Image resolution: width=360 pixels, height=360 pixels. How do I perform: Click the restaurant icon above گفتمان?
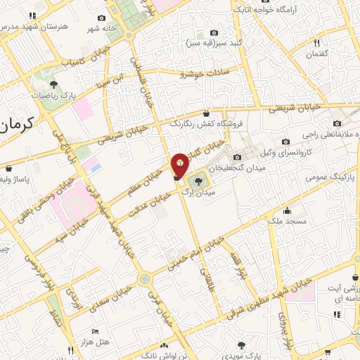[x=317, y=43]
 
